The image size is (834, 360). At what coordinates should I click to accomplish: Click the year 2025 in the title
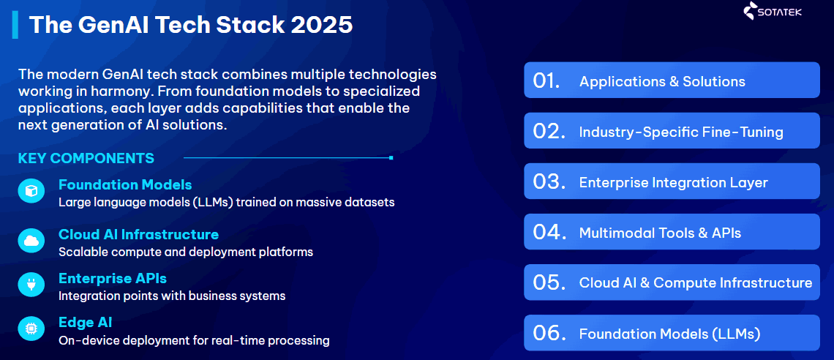coord(322,25)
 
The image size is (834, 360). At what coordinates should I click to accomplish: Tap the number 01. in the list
coord(546,81)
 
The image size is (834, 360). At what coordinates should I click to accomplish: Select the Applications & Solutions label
coord(662,81)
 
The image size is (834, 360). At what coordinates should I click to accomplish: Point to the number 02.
coord(549,132)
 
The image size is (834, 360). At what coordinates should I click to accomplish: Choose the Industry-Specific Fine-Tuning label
coord(681,132)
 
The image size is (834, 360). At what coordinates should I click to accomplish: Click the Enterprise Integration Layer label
coord(673,182)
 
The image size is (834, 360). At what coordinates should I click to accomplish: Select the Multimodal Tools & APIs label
coord(660,233)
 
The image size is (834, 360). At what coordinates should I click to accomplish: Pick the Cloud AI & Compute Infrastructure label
coord(695,282)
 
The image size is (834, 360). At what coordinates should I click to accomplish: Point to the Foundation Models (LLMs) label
coord(669,334)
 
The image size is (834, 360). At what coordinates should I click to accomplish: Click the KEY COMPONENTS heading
coord(86,158)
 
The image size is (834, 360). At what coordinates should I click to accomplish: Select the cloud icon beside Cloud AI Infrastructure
coord(31,240)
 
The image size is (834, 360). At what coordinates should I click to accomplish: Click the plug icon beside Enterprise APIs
coord(31,285)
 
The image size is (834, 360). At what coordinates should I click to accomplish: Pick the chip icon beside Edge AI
coord(31,330)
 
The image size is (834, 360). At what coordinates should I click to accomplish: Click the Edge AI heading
coord(85,323)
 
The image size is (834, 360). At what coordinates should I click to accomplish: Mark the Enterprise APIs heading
coord(113,278)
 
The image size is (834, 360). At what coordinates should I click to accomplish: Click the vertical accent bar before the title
coord(15,24)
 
